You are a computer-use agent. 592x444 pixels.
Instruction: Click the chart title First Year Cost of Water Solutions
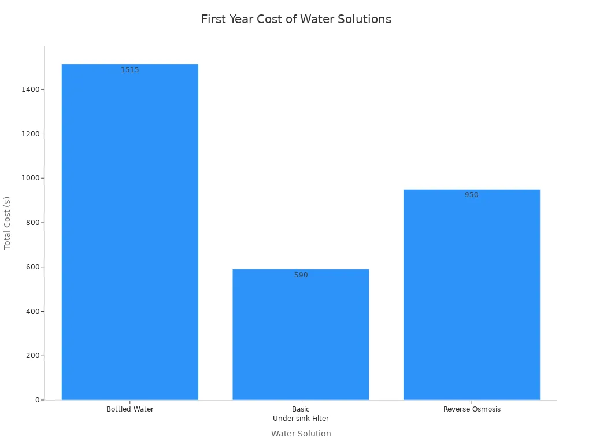pos(296,19)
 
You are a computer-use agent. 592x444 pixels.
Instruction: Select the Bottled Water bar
pos(130,231)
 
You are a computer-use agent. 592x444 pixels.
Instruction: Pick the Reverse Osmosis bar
pos(472,294)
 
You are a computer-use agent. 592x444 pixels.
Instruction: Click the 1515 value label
pos(130,70)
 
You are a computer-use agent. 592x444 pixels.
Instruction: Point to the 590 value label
pos(301,275)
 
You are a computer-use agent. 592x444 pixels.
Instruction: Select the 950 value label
pos(472,195)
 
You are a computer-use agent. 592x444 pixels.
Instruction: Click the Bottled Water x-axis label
pos(130,409)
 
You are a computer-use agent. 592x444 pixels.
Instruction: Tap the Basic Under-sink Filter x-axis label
pos(301,414)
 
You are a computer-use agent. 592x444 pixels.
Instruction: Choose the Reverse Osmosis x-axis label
pos(472,409)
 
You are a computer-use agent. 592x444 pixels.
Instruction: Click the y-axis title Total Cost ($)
pos(8,223)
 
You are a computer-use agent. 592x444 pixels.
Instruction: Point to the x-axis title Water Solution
pos(301,434)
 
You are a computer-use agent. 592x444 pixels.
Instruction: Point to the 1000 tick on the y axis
pos(31,178)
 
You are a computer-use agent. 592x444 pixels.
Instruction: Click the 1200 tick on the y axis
pos(31,134)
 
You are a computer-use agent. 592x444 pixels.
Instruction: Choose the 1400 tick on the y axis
pos(31,90)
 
